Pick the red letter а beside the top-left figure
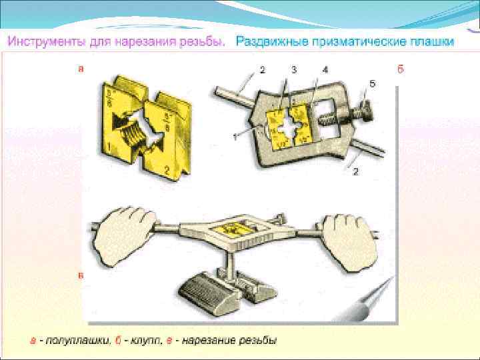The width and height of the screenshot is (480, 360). [81, 68]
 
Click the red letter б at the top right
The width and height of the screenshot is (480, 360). [401, 69]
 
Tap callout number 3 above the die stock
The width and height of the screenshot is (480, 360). [294, 69]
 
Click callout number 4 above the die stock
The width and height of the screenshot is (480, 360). [325, 69]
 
